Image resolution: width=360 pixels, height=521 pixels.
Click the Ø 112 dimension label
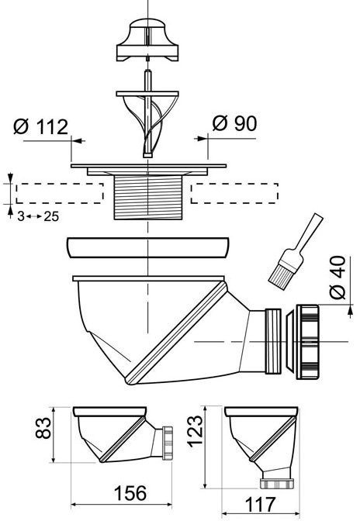tap(41, 127)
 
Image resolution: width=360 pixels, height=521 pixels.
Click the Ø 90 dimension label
tap(234, 123)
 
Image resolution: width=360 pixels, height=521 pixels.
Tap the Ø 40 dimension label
tap(337, 278)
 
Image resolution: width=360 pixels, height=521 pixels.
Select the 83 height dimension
tap(43, 428)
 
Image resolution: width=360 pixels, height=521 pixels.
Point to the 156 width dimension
tap(130, 493)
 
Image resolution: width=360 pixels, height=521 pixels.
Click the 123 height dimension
tap(195, 431)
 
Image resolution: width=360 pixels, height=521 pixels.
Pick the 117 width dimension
tap(260, 505)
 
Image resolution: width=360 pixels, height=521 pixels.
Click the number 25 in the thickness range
tap(51, 216)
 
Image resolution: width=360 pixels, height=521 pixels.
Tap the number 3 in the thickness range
tap(21, 216)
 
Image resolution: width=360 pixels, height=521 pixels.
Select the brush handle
tap(306, 236)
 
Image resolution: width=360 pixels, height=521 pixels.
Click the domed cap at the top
tap(147, 40)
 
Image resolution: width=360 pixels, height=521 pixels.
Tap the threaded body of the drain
tap(148, 198)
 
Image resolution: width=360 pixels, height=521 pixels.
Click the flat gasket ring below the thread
tap(147, 247)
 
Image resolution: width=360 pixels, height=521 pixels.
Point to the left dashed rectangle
tap(60, 193)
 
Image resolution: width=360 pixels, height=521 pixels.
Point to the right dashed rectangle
tap(234, 193)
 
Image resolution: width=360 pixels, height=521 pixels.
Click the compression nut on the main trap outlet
tap(307, 342)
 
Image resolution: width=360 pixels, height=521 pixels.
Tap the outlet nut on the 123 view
tap(277, 484)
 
